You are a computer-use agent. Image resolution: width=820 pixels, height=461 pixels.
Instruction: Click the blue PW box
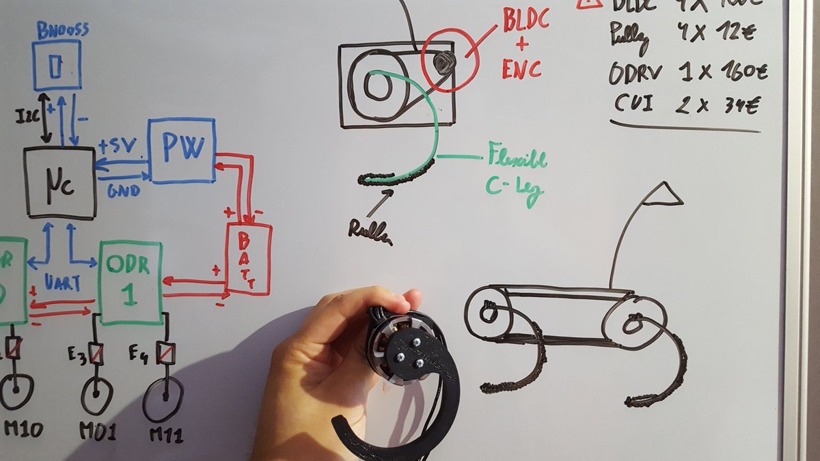point(182,150)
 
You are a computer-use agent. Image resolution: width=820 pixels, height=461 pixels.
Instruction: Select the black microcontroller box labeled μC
point(59,182)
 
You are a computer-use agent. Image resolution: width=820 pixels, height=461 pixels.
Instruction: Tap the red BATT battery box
point(249,258)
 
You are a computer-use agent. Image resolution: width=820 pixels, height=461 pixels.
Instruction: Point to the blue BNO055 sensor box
point(57,66)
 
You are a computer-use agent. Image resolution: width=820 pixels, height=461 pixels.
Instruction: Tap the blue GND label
point(124,191)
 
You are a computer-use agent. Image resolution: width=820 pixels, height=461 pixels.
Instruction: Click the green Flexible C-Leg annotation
point(517,171)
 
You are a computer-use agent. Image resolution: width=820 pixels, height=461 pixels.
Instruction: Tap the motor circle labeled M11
point(163,398)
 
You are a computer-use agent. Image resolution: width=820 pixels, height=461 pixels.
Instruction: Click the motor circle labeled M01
point(97,395)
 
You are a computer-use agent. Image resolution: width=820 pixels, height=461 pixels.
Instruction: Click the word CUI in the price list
point(633,104)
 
